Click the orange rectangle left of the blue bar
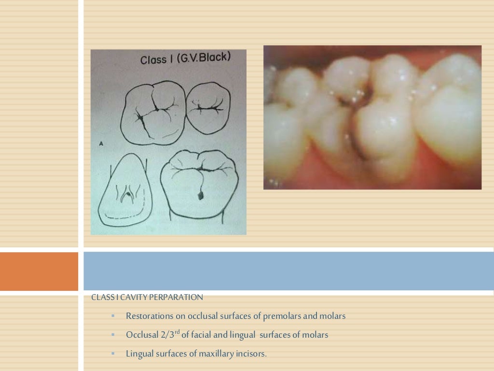pos(39,271)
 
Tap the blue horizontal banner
pos(288,271)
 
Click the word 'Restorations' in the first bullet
pos(148,316)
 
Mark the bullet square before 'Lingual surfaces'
pos(113,353)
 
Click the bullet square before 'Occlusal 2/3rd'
pos(113,334)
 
